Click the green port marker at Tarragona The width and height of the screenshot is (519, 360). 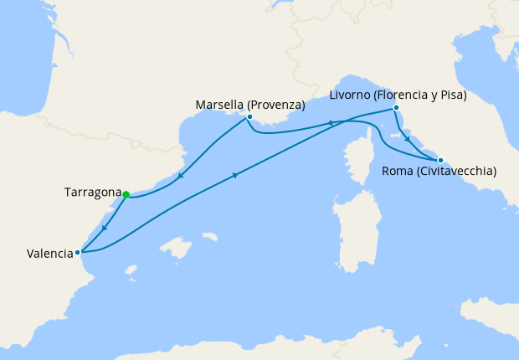(x=126, y=194)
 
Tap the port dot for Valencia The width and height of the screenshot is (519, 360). (x=77, y=251)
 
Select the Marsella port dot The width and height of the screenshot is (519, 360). (x=249, y=116)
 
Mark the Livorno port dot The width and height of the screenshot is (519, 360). (x=396, y=107)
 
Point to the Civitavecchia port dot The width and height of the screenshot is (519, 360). (x=440, y=159)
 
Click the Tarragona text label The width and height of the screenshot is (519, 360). (x=93, y=193)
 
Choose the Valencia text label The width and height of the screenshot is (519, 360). (x=37, y=254)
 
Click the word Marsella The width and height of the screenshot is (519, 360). (x=219, y=105)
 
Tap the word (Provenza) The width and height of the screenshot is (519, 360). (x=276, y=105)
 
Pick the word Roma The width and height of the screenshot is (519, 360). (x=398, y=172)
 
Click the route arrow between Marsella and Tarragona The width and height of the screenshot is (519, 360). (x=179, y=177)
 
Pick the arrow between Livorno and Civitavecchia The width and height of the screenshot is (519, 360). (x=407, y=139)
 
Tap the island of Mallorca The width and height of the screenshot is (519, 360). (x=178, y=248)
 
